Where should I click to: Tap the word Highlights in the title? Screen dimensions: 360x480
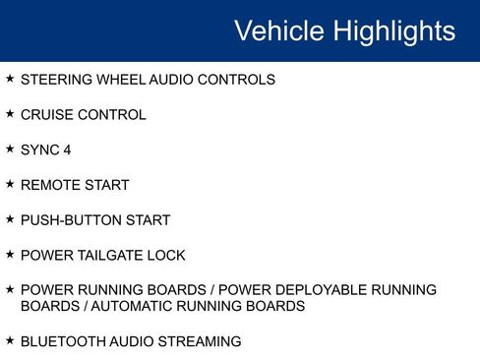[393, 31]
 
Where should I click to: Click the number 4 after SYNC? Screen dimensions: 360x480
[67, 150]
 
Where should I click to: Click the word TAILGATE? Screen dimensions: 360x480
[110, 256]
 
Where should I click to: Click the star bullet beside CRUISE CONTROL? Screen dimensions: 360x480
[10, 114]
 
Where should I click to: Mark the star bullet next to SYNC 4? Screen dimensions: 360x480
[10, 150]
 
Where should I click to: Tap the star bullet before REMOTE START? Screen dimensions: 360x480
[10, 184]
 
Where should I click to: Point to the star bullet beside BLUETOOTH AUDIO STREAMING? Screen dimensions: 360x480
[10, 341]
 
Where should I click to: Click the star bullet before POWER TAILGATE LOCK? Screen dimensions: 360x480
[10, 255]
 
